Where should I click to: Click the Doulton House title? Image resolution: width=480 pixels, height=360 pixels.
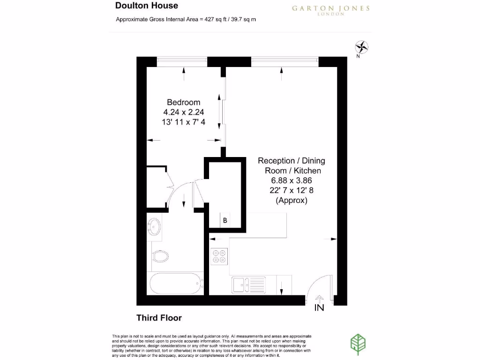coord(146,6)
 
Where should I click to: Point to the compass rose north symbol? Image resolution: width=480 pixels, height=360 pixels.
coord(362,47)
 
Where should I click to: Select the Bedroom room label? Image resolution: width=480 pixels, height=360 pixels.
coord(184,102)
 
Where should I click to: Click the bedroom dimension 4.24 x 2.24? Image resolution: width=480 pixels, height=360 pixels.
coord(183,112)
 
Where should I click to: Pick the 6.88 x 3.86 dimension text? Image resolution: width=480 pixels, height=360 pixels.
coord(291,180)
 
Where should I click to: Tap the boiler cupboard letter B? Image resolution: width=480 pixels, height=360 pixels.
coord(225,220)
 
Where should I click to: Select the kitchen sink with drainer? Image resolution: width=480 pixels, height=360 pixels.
coord(248,285)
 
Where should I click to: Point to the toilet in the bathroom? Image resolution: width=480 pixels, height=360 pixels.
coord(161,255)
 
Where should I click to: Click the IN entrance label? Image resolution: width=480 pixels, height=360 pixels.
coord(319,308)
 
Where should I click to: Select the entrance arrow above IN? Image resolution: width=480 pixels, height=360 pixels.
coord(320,298)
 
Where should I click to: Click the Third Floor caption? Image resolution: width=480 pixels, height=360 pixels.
coord(159,318)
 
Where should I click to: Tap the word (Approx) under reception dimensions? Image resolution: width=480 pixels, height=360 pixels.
coord(291,200)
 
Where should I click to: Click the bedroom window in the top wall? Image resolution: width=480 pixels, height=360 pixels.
coord(182,59)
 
